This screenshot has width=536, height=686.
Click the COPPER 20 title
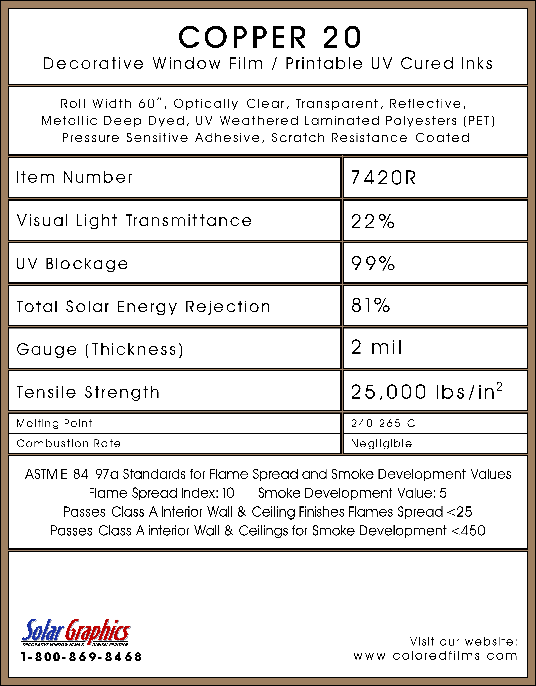pyautogui.click(x=270, y=37)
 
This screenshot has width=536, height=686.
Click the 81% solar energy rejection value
pyautogui.click(x=370, y=305)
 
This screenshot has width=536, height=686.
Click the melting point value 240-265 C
pyautogui.click(x=383, y=423)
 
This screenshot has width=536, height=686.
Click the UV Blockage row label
pyautogui.click(x=72, y=264)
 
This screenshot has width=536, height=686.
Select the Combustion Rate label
pyautogui.click(x=69, y=444)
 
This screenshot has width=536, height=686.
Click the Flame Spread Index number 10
pyautogui.click(x=228, y=493)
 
